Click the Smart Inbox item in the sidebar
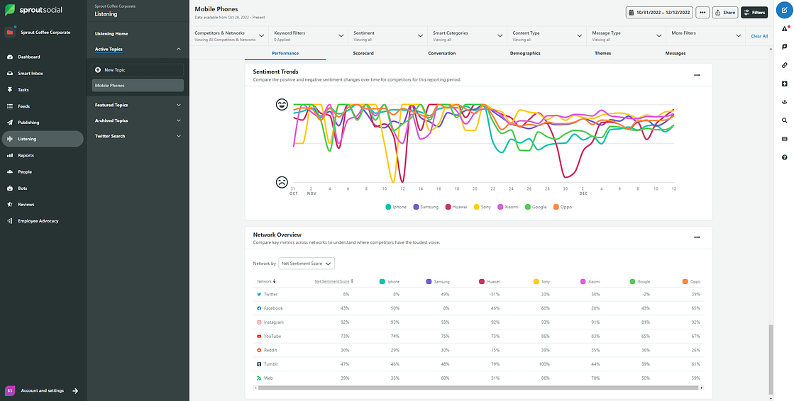pos(30,74)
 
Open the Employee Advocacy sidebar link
pos(38,221)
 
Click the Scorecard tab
pos(363,53)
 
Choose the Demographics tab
pos(525,53)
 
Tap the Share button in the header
pos(725,12)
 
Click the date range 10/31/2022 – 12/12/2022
pos(659,12)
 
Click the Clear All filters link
pos(759,36)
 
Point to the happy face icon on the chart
pos(282,105)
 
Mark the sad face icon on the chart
pos(282,182)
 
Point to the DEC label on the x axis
pos(583,193)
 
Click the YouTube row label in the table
pos(272,337)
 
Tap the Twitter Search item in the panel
pos(110,136)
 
